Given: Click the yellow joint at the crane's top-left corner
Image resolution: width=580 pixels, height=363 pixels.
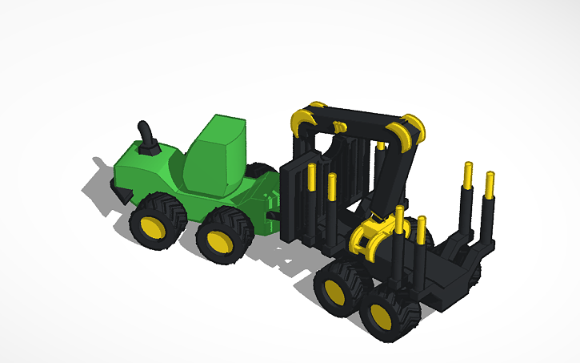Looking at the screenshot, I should (x=304, y=119).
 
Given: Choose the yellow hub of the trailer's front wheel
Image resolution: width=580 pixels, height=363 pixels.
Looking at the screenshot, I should (x=334, y=289).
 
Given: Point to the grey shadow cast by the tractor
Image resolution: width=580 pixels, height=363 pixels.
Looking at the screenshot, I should (x=100, y=188).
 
